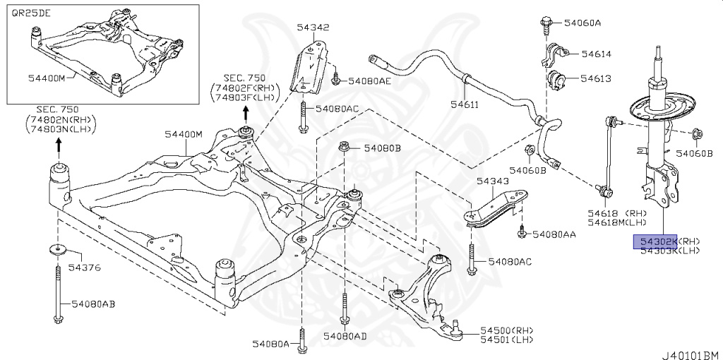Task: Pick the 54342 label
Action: (313, 28)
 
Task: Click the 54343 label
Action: (492, 181)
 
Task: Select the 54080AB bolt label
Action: (92, 304)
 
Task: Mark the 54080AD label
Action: (345, 336)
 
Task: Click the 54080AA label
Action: (554, 233)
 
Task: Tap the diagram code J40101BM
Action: (691, 352)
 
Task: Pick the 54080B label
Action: (382, 148)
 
